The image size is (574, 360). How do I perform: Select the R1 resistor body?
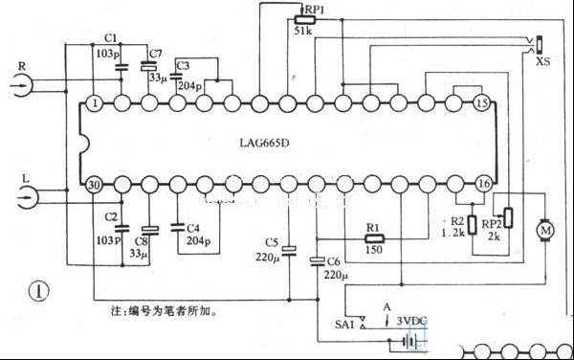[x=373, y=238]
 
